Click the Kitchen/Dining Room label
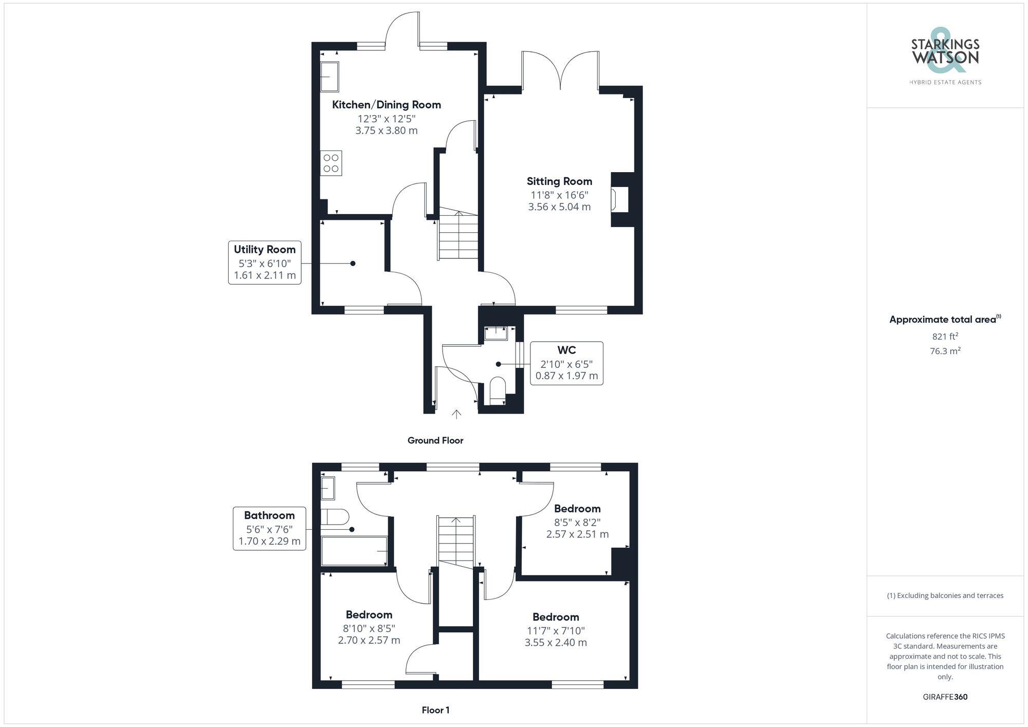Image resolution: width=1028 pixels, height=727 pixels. pyautogui.click(x=386, y=105)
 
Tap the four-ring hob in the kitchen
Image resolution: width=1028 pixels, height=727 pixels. pyautogui.click(x=331, y=163)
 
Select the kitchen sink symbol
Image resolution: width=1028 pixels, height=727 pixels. pyautogui.click(x=329, y=77)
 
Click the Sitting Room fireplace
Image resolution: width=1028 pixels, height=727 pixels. pyautogui.click(x=619, y=199)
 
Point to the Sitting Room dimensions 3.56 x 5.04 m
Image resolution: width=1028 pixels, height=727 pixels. pyautogui.click(x=559, y=207)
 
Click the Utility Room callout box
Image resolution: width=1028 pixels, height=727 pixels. pyautogui.click(x=265, y=263)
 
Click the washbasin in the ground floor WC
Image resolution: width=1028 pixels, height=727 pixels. pyautogui.click(x=496, y=333)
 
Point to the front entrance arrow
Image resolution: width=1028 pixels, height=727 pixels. pyautogui.click(x=456, y=414)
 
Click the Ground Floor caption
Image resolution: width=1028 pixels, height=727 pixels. pyautogui.click(x=435, y=440)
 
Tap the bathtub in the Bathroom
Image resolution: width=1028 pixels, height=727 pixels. pyautogui.click(x=354, y=551)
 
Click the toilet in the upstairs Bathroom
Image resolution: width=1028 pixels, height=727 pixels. pyautogui.click(x=334, y=516)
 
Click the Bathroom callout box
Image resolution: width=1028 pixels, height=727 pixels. pyautogui.click(x=269, y=528)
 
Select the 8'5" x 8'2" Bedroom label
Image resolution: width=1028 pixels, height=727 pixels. pyautogui.click(x=577, y=509)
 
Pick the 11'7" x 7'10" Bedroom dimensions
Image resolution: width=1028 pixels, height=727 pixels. pyautogui.click(x=556, y=637)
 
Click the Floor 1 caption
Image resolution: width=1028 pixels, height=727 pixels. pyautogui.click(x=435, y=710)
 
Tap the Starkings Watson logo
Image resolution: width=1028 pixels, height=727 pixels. pyautogui.click(x=945, y=57)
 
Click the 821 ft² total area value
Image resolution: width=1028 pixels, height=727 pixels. pyautogui.click(x=945, y=337)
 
